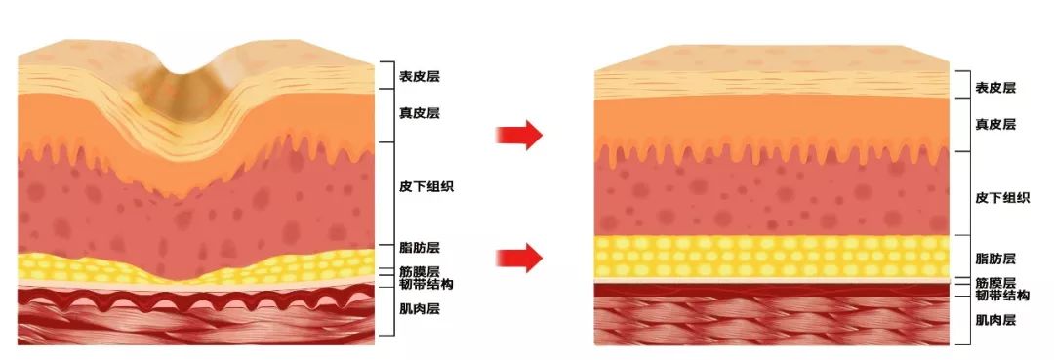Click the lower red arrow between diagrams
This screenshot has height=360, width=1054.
tap(517, 257)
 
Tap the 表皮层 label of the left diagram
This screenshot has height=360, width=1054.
tap(419, 75)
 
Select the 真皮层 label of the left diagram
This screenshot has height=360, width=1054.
tap(419, 113)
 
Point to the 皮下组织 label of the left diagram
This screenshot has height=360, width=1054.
tap(426, 186)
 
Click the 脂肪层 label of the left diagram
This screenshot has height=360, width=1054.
tap(419, 249)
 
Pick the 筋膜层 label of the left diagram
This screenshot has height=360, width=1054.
tap(419, 271)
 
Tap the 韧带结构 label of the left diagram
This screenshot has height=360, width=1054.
tap(426, 284)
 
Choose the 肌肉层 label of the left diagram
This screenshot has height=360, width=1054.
tap(419, 309)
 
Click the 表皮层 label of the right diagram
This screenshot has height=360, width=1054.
tap(995, 88)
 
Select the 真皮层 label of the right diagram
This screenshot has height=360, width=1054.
tap(995, 124)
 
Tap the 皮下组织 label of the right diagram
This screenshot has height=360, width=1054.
tap(1002, 198)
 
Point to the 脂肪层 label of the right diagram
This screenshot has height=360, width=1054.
tap(995, 259)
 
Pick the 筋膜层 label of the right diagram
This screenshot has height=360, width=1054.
tap(995, 282)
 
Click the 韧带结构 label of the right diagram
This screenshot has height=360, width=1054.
tap(1002, 295)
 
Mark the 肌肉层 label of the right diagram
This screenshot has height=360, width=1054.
tap(995, 319)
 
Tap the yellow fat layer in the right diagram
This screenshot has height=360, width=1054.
tap(771, 257)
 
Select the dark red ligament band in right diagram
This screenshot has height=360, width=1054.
tap(771, 290)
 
